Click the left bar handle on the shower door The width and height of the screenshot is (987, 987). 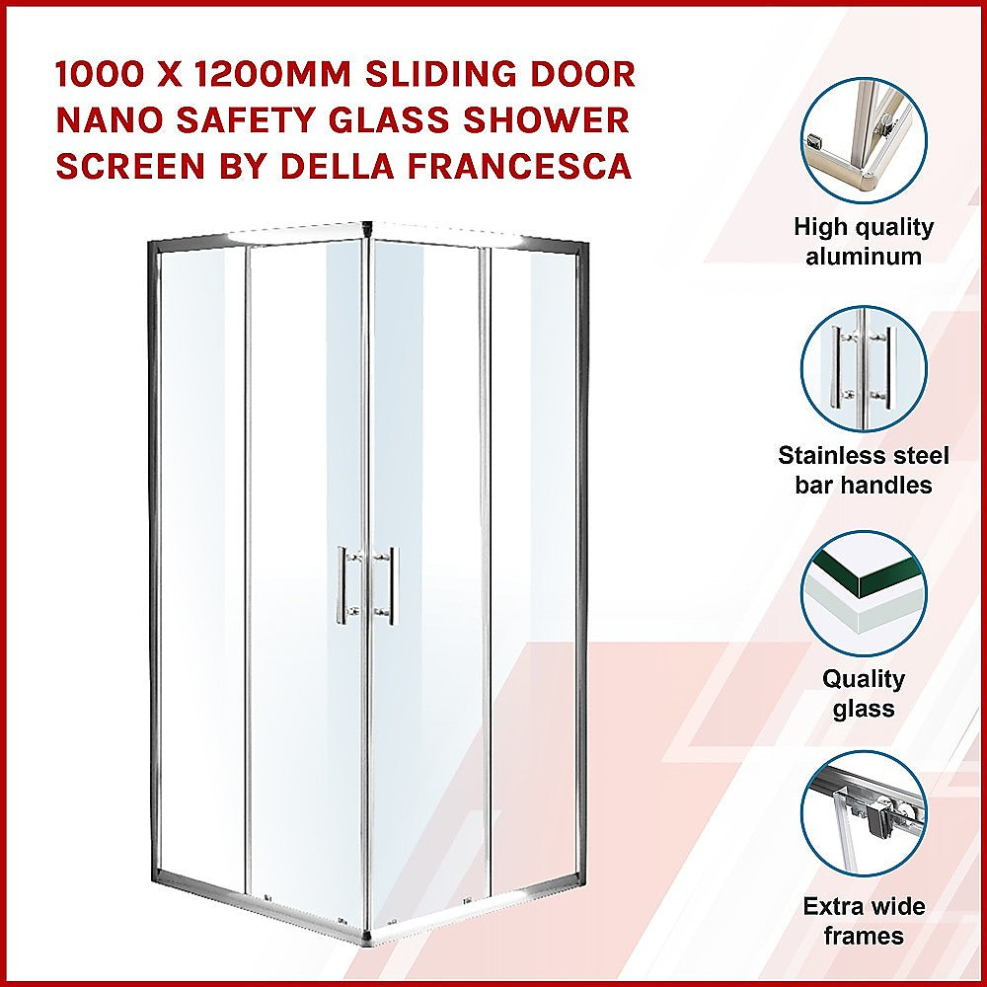click(x=342, y=584)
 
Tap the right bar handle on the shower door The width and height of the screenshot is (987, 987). click(x=392, y=584)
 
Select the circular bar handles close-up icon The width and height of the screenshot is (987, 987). click(x=864, y=368)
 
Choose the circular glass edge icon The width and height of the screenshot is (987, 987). click(x=864, y=593)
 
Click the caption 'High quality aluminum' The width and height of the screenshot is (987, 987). click(x=864, y=242)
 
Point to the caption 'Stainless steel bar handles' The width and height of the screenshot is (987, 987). click(x=864, y=470)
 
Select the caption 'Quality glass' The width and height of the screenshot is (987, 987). click(x=864, y=694)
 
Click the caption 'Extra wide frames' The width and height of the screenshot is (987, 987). click(x=864, y=921)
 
